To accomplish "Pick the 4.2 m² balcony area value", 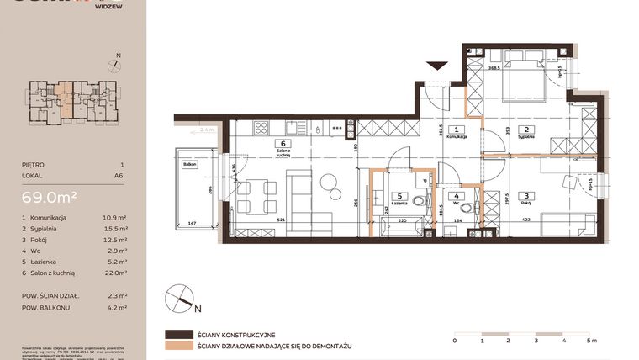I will pos(119,308).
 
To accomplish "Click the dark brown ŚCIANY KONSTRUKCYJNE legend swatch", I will pos(179,334).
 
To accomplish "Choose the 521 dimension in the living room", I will pos(292,221).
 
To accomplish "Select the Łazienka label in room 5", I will pos(399,204).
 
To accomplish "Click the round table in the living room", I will pos(327,183).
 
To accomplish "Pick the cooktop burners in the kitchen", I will pos(261,129).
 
